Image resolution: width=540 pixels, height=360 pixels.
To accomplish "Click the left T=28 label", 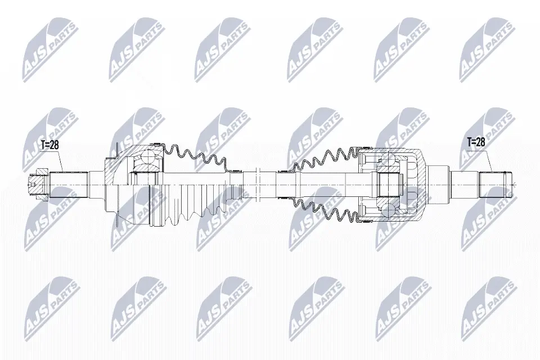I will click(x=49, y=145).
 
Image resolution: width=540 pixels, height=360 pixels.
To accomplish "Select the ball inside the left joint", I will click(x=147, y=154).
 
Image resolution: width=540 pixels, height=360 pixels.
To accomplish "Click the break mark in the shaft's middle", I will click(x=256, y=184).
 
